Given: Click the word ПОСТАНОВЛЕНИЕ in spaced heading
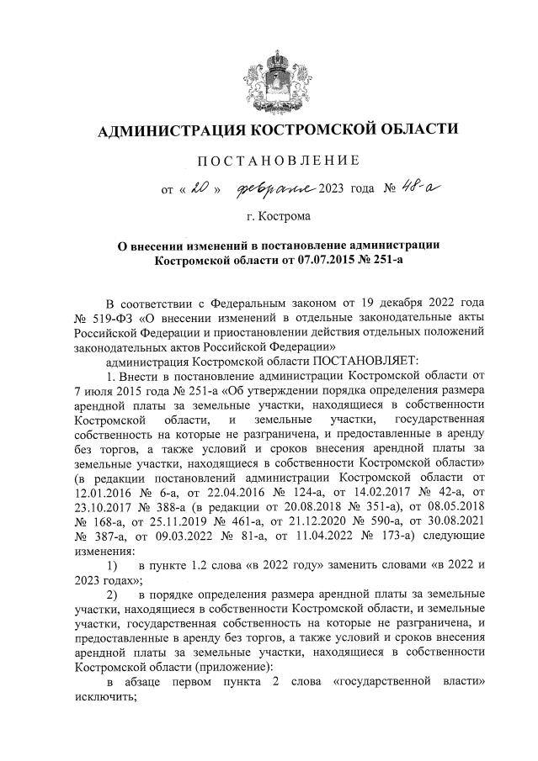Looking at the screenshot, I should click(278, 160).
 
